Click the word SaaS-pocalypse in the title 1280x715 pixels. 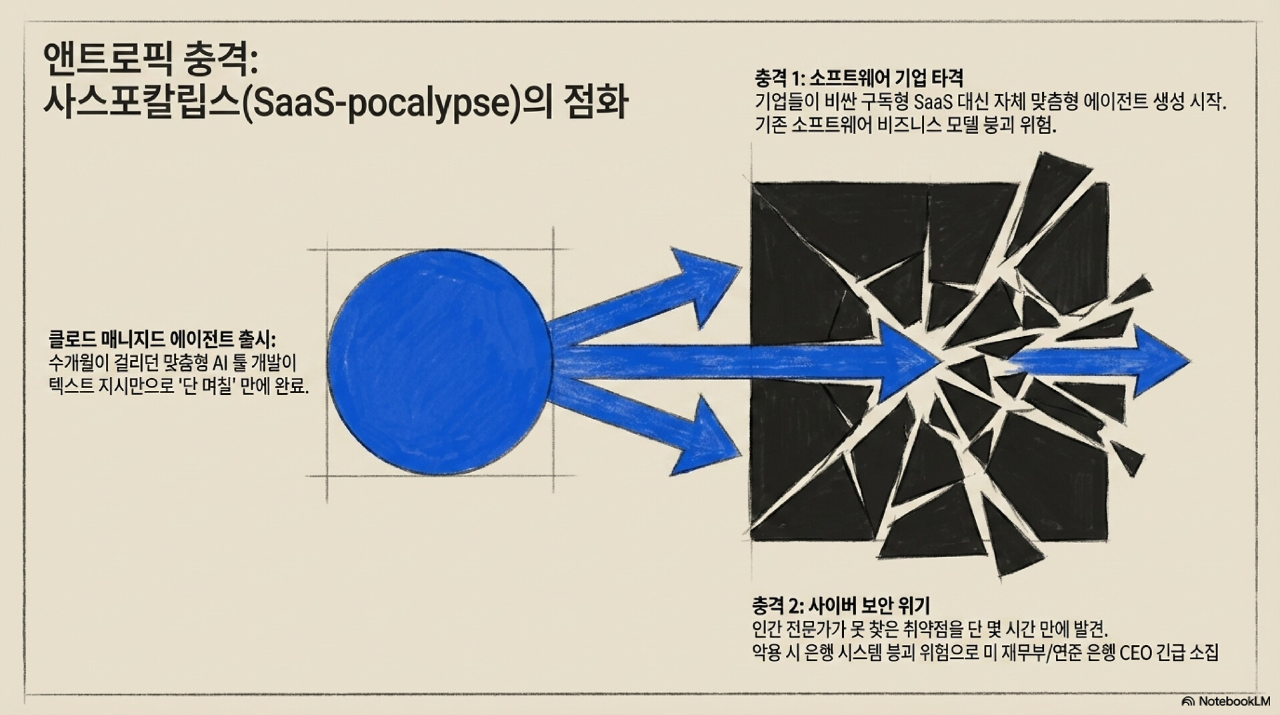380,105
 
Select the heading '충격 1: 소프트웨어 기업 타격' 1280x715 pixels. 859,78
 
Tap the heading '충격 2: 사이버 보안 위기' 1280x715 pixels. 841,606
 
